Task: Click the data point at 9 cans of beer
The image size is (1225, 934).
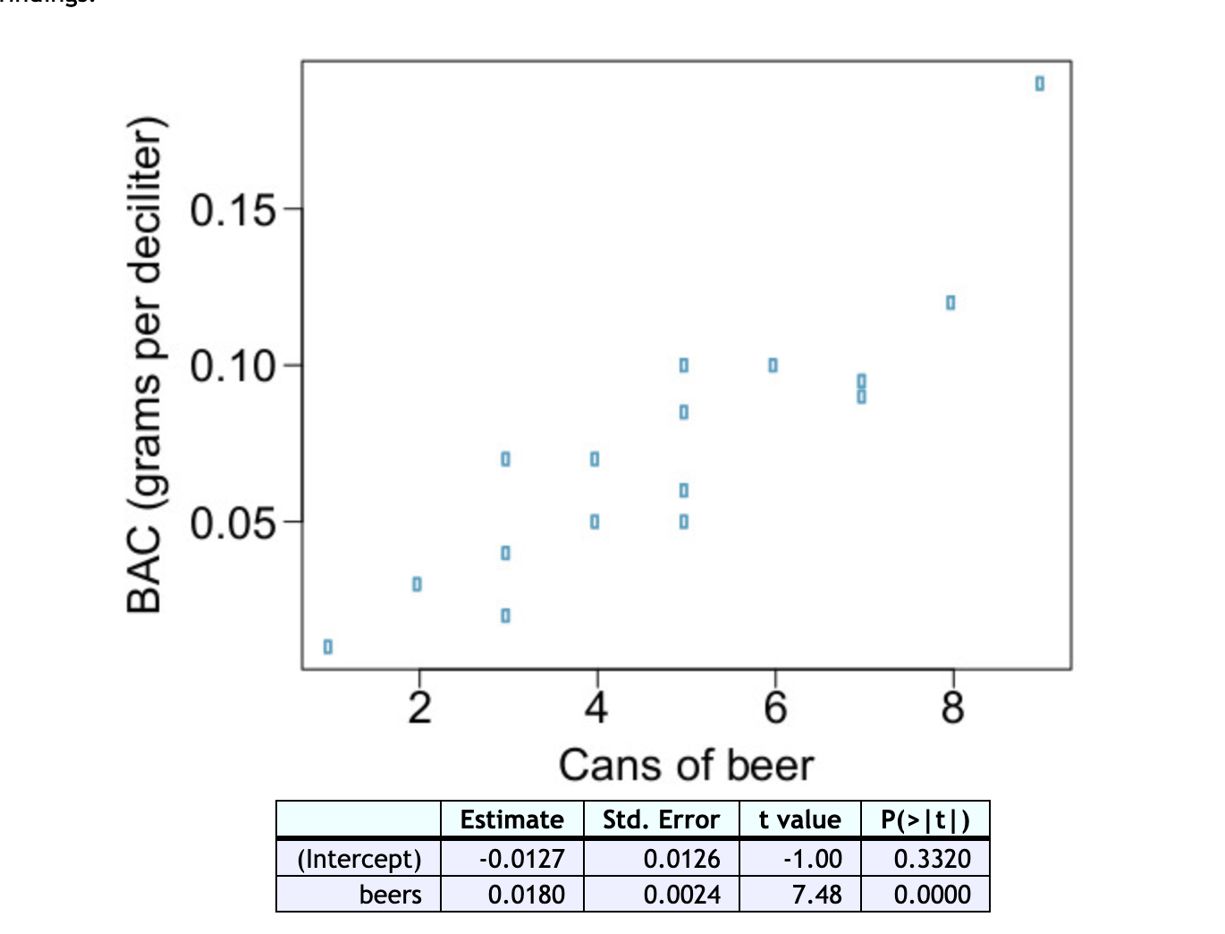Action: click(1039, 83)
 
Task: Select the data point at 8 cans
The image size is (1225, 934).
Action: click(950, 302)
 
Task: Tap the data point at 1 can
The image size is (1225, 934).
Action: click(328, 646)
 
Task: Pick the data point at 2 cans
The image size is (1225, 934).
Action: click(417, 584)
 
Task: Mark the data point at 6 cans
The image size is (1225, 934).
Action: click(773, 365)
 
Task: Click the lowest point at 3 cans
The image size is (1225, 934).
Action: click(505, 616)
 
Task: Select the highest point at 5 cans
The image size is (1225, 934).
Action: click(684, 365)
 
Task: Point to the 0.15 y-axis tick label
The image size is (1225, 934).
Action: click(232, 211)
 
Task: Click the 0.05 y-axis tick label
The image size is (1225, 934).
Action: click(232, 522)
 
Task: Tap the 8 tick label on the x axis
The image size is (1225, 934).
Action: click(953, 709)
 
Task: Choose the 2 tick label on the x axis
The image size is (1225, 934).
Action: click(419, 709)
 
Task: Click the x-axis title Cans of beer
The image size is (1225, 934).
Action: click(686, 766)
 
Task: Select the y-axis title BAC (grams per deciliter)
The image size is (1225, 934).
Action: click(145, 365)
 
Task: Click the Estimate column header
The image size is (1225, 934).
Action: click(511, 819)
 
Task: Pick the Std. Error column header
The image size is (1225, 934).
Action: click(661, 819)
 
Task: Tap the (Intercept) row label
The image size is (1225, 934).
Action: click(359, 859)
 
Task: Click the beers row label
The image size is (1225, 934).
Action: click(390, 895)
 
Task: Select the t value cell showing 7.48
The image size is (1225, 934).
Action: click(816, 895)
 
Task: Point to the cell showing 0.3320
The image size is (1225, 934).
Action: click(932, 859)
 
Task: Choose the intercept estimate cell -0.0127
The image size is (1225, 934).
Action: click(522, 859)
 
